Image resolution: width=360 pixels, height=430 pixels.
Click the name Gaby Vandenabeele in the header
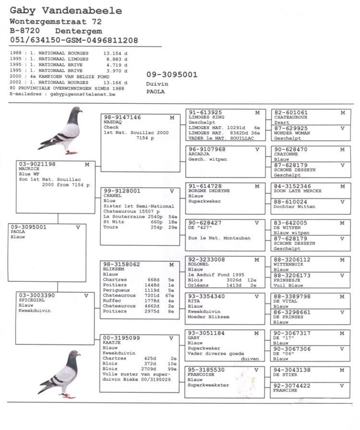pos(65,11)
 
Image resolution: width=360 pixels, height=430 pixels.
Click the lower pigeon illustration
pos(60,372)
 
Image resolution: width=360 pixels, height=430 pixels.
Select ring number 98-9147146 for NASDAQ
pos(122,118)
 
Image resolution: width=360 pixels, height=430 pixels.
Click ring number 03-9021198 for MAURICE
pos(37,164)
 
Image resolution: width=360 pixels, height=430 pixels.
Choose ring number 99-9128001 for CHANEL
pos(122,191)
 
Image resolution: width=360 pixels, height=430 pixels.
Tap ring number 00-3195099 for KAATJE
pos(122,338)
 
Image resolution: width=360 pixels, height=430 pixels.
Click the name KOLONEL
pos(199,264)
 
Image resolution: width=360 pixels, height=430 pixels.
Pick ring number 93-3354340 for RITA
pos(207,296)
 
